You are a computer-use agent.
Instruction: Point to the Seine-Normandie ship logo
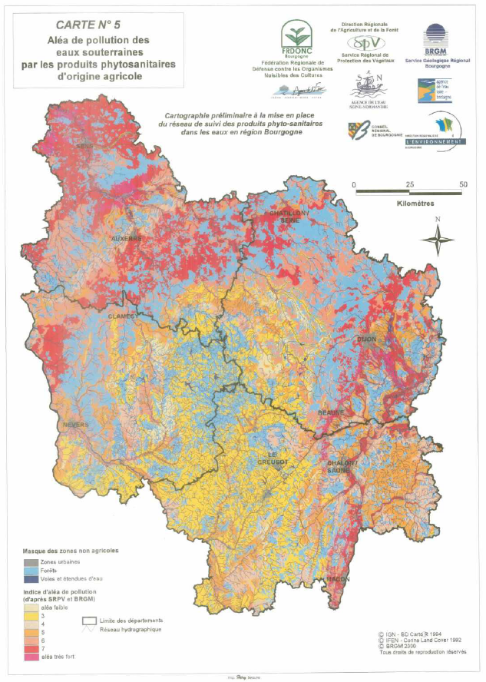coord(366,82)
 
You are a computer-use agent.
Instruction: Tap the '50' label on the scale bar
coord(462,185)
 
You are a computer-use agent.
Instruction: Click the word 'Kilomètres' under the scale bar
coord(416,204)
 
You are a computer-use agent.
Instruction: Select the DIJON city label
coord(368,339)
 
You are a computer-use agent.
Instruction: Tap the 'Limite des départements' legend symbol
coord(90,621)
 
